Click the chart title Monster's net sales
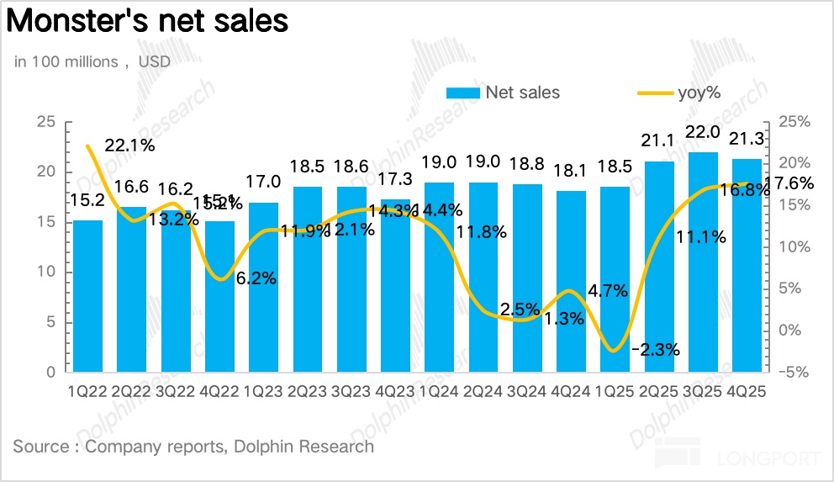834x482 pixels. (x=149, y=22)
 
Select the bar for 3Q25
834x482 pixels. (x=704, y=261)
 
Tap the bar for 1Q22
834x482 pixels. (x=88, y=294)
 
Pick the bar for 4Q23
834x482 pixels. (x=396, y=286)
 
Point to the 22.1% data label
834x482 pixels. (x=129, y=145)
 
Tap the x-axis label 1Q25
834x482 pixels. (x=616, y=392)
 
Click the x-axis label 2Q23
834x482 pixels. (x=309, y=392)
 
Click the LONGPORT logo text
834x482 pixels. (x=768, y=458)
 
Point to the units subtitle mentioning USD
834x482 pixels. (x=92, y=62)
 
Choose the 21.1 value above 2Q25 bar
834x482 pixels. (x=659, y=141)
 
